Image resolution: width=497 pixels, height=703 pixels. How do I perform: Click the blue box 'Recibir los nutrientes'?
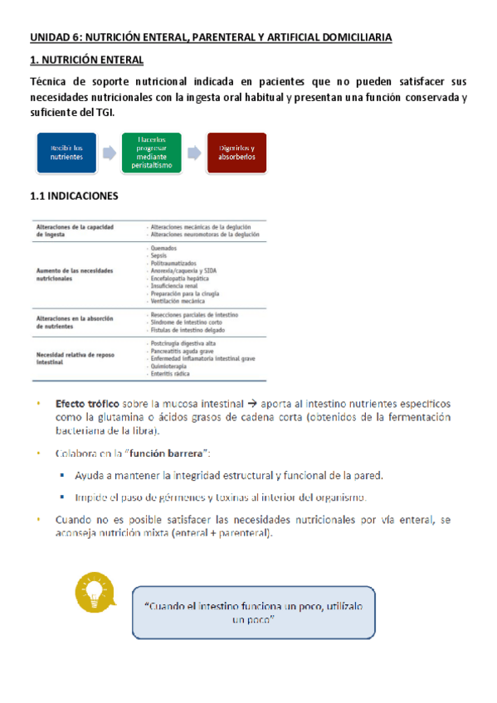point(66,153)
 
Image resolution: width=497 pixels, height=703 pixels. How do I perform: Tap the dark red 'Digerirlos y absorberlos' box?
point(237,153)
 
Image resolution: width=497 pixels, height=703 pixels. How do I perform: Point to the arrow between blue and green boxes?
point(110,153)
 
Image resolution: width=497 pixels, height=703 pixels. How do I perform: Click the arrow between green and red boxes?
point(194,153)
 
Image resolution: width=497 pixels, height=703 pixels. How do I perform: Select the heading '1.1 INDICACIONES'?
point(74,196)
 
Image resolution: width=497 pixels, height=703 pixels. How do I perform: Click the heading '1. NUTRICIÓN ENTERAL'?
point(87,61)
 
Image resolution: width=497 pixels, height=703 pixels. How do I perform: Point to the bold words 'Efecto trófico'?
point(89,403)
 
